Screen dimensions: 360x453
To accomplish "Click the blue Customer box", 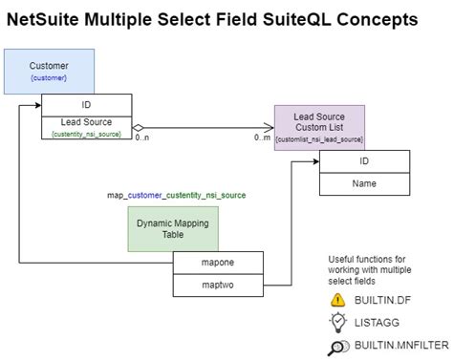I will point(50,71).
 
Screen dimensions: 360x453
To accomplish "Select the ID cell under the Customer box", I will point(87,105).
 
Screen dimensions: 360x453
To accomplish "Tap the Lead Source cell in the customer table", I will point(87,122).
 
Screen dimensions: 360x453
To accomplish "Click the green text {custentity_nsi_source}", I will point(87,136).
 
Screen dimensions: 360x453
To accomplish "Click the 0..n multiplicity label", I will point(142,139).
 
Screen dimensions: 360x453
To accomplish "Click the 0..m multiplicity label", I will point(261,139).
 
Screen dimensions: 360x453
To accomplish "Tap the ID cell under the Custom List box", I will point(364,160).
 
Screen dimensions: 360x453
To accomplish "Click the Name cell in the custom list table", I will point(364,182).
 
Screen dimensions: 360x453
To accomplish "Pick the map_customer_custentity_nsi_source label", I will point(176,195).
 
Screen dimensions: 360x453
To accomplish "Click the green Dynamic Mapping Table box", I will point(173,229).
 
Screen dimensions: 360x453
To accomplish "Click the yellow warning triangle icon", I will point(337,299).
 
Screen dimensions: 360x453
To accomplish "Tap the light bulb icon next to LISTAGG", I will point(337,323).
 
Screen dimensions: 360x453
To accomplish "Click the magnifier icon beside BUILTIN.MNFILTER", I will point(337,347).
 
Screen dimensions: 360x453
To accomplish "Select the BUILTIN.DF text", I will point(388,300).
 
